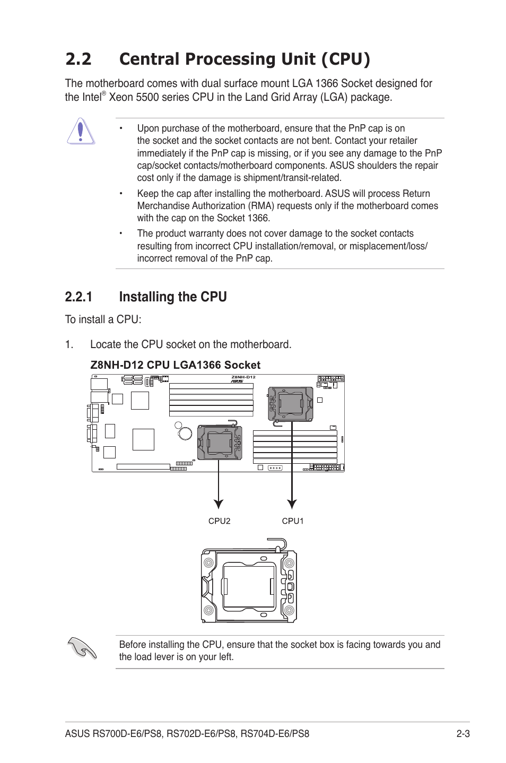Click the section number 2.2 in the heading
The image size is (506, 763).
[78, 59]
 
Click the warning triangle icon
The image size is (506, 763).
[80, 132]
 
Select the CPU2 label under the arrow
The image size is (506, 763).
[219, 521]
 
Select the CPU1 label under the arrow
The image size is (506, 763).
[293, 521]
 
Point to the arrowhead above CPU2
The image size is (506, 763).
[219, 504]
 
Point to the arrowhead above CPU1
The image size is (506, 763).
[292, 504]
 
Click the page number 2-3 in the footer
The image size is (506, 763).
[463, 734]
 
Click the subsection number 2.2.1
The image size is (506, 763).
[78, 297]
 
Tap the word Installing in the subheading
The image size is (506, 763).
[146, 297]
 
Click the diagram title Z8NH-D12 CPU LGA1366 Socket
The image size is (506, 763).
[175, 365]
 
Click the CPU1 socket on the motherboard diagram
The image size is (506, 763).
[291, 404]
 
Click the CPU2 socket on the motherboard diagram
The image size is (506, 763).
[219, 443]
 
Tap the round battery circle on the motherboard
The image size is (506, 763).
[185, 433]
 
